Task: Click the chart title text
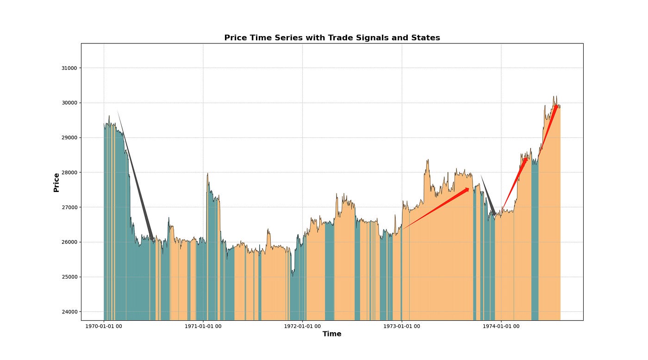332,38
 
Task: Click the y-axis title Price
56,182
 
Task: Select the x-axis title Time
332,334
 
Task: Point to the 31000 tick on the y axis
69,68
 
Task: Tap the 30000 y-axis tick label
69,103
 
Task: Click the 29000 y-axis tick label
69,137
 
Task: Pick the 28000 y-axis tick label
69,173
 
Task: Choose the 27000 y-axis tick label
69,207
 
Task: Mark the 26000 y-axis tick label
69,242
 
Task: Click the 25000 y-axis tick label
69,277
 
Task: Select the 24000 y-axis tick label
69,311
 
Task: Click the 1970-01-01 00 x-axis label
104,326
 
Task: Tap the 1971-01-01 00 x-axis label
203,326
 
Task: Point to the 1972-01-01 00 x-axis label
303,326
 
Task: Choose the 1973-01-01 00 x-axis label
402,326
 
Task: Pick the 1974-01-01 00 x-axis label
501,326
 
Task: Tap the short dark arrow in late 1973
489,197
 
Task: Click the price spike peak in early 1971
207,174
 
